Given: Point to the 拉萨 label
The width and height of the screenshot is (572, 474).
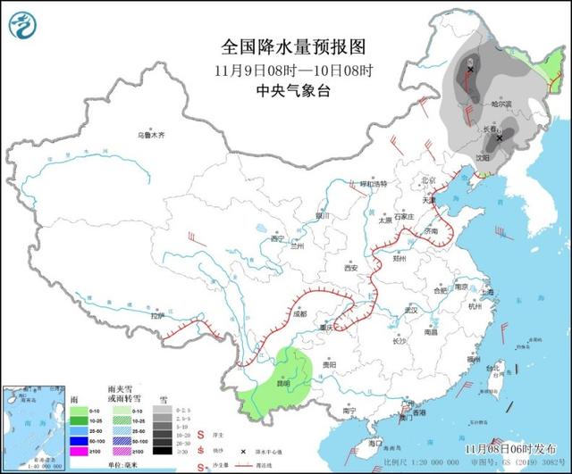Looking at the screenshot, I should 158,315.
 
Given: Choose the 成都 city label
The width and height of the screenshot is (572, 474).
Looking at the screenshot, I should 298,314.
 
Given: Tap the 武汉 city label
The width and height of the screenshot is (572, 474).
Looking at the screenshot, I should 411,310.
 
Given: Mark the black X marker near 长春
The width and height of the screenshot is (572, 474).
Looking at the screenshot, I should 500,138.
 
